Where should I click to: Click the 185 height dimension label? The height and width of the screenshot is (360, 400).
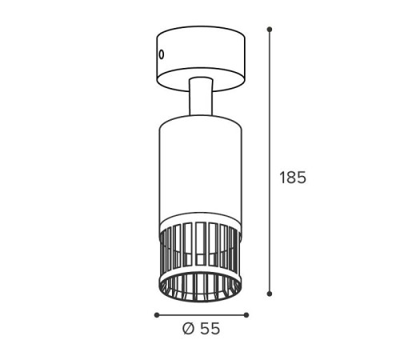293,178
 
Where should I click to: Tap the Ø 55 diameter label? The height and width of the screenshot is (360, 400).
202,329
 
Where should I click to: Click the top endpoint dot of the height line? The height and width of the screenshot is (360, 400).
270,29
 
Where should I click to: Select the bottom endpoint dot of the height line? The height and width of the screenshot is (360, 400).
270,294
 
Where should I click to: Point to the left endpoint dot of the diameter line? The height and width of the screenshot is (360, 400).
157,315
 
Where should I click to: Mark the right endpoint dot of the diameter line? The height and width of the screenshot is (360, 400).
246,315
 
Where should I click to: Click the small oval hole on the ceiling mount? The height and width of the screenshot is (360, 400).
161,54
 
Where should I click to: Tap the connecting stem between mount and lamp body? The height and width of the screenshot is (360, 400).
201,97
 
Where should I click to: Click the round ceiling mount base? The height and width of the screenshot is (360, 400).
201,58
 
